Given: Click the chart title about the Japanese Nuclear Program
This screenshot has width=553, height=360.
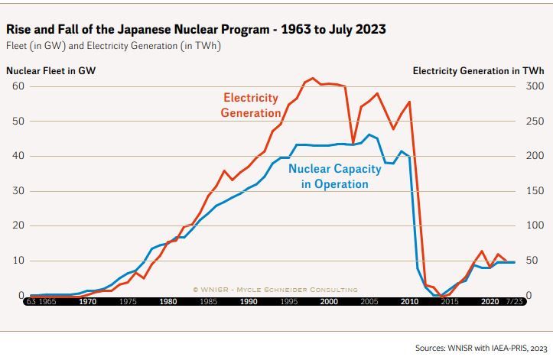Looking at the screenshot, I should click(196, 30).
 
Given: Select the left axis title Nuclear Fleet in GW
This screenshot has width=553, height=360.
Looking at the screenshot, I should click(51, 71).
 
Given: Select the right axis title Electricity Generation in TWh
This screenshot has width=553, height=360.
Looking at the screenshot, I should click(478, 71).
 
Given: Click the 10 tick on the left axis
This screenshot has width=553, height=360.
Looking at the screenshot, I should click(18, 261).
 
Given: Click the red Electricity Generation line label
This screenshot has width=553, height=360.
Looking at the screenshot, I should click(252, 105).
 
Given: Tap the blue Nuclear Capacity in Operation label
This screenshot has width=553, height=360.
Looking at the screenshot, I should click(329, 177).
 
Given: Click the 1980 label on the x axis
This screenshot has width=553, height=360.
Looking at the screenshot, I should click(168, 301).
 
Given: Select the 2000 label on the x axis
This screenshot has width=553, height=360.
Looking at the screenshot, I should click(328, 301).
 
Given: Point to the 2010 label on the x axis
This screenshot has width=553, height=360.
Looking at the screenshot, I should click(408, 301).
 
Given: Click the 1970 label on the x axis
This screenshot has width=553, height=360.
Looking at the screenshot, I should click(87, 301).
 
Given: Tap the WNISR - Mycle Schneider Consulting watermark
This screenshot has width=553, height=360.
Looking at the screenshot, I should click(275, 289).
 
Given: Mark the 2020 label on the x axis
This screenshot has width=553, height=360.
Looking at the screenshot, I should click(490, 301).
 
